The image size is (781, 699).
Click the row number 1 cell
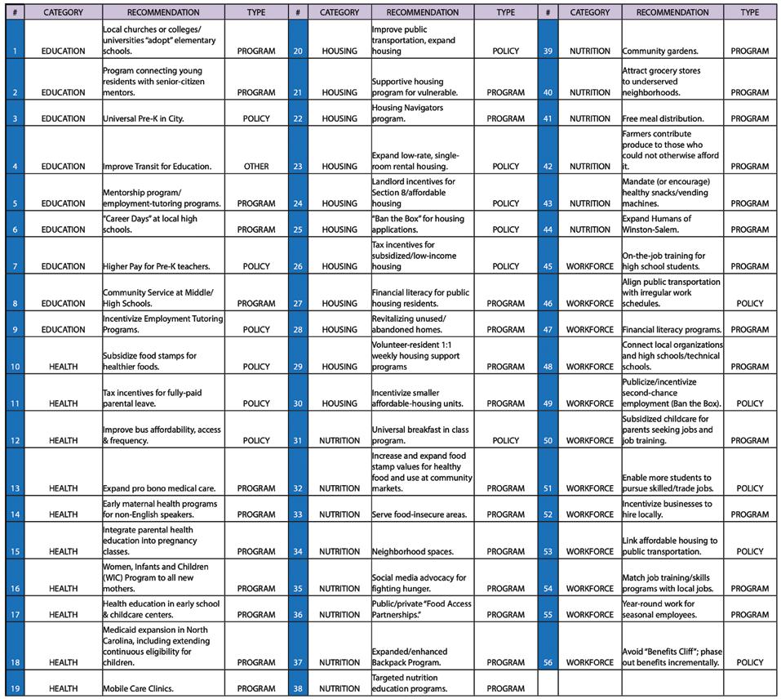tap(14, 51)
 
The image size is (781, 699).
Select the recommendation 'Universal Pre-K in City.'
tap(144, 118)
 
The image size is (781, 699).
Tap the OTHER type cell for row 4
tap(255, 167)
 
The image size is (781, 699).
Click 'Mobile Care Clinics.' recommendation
tap(138, 688)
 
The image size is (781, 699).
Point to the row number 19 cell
tap(14, 688)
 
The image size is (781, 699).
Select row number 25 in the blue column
tap(298, 229)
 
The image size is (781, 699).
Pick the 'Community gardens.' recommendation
tap(659, 51)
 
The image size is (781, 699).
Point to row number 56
tap(548, 662)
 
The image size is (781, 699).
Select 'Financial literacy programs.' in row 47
tap(672, 330)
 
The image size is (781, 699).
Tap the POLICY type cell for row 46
tap(749, 304)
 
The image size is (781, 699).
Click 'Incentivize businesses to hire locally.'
tap(667, 509)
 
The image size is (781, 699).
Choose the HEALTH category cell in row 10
tap(64, 367)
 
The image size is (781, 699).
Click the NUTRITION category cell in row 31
tap(339, 440)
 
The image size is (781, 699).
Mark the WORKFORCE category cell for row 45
tap(589, 266)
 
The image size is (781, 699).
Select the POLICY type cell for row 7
tap(255, 266)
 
